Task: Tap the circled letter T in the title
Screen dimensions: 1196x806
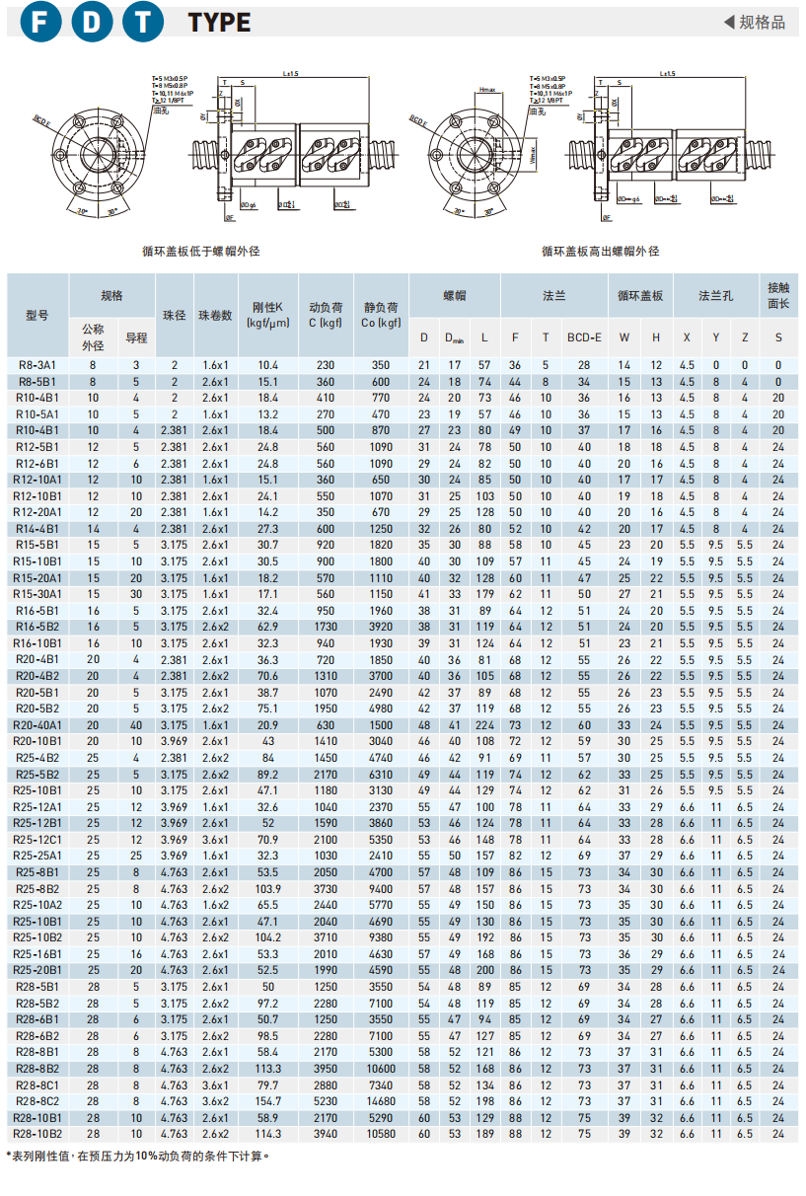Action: [x=144, y=22]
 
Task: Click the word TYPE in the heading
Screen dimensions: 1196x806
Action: [x=219, y=23]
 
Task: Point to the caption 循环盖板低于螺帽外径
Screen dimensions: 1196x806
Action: [x=201, y=252]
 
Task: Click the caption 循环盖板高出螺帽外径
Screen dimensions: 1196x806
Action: [x=600, y=252]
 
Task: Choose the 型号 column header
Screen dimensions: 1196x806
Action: [x=37, y=315]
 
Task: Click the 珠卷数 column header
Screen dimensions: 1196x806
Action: [x=215, y=315]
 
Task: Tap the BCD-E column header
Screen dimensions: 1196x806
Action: [x=584, y=337]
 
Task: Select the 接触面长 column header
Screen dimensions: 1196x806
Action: [x=777, y=295]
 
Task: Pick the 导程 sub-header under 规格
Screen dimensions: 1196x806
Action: [x=136, y=337]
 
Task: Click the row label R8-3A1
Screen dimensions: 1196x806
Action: [x=37, y=365]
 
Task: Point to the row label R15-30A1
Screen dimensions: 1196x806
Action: [x=37, y=594]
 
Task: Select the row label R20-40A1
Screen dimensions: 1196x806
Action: [x=37, y=725]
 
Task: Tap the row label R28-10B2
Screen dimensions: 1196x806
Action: [x=37, y=1134]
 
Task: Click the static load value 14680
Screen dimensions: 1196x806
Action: [x=381, y=1101]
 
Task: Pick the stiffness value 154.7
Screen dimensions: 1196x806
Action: [x=268, y=1101]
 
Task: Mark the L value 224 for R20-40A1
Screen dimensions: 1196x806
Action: [x=484, y=725]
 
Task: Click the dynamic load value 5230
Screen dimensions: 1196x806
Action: [x=326, y=1101]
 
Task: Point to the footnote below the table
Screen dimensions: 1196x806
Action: [x=138, y=1156]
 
